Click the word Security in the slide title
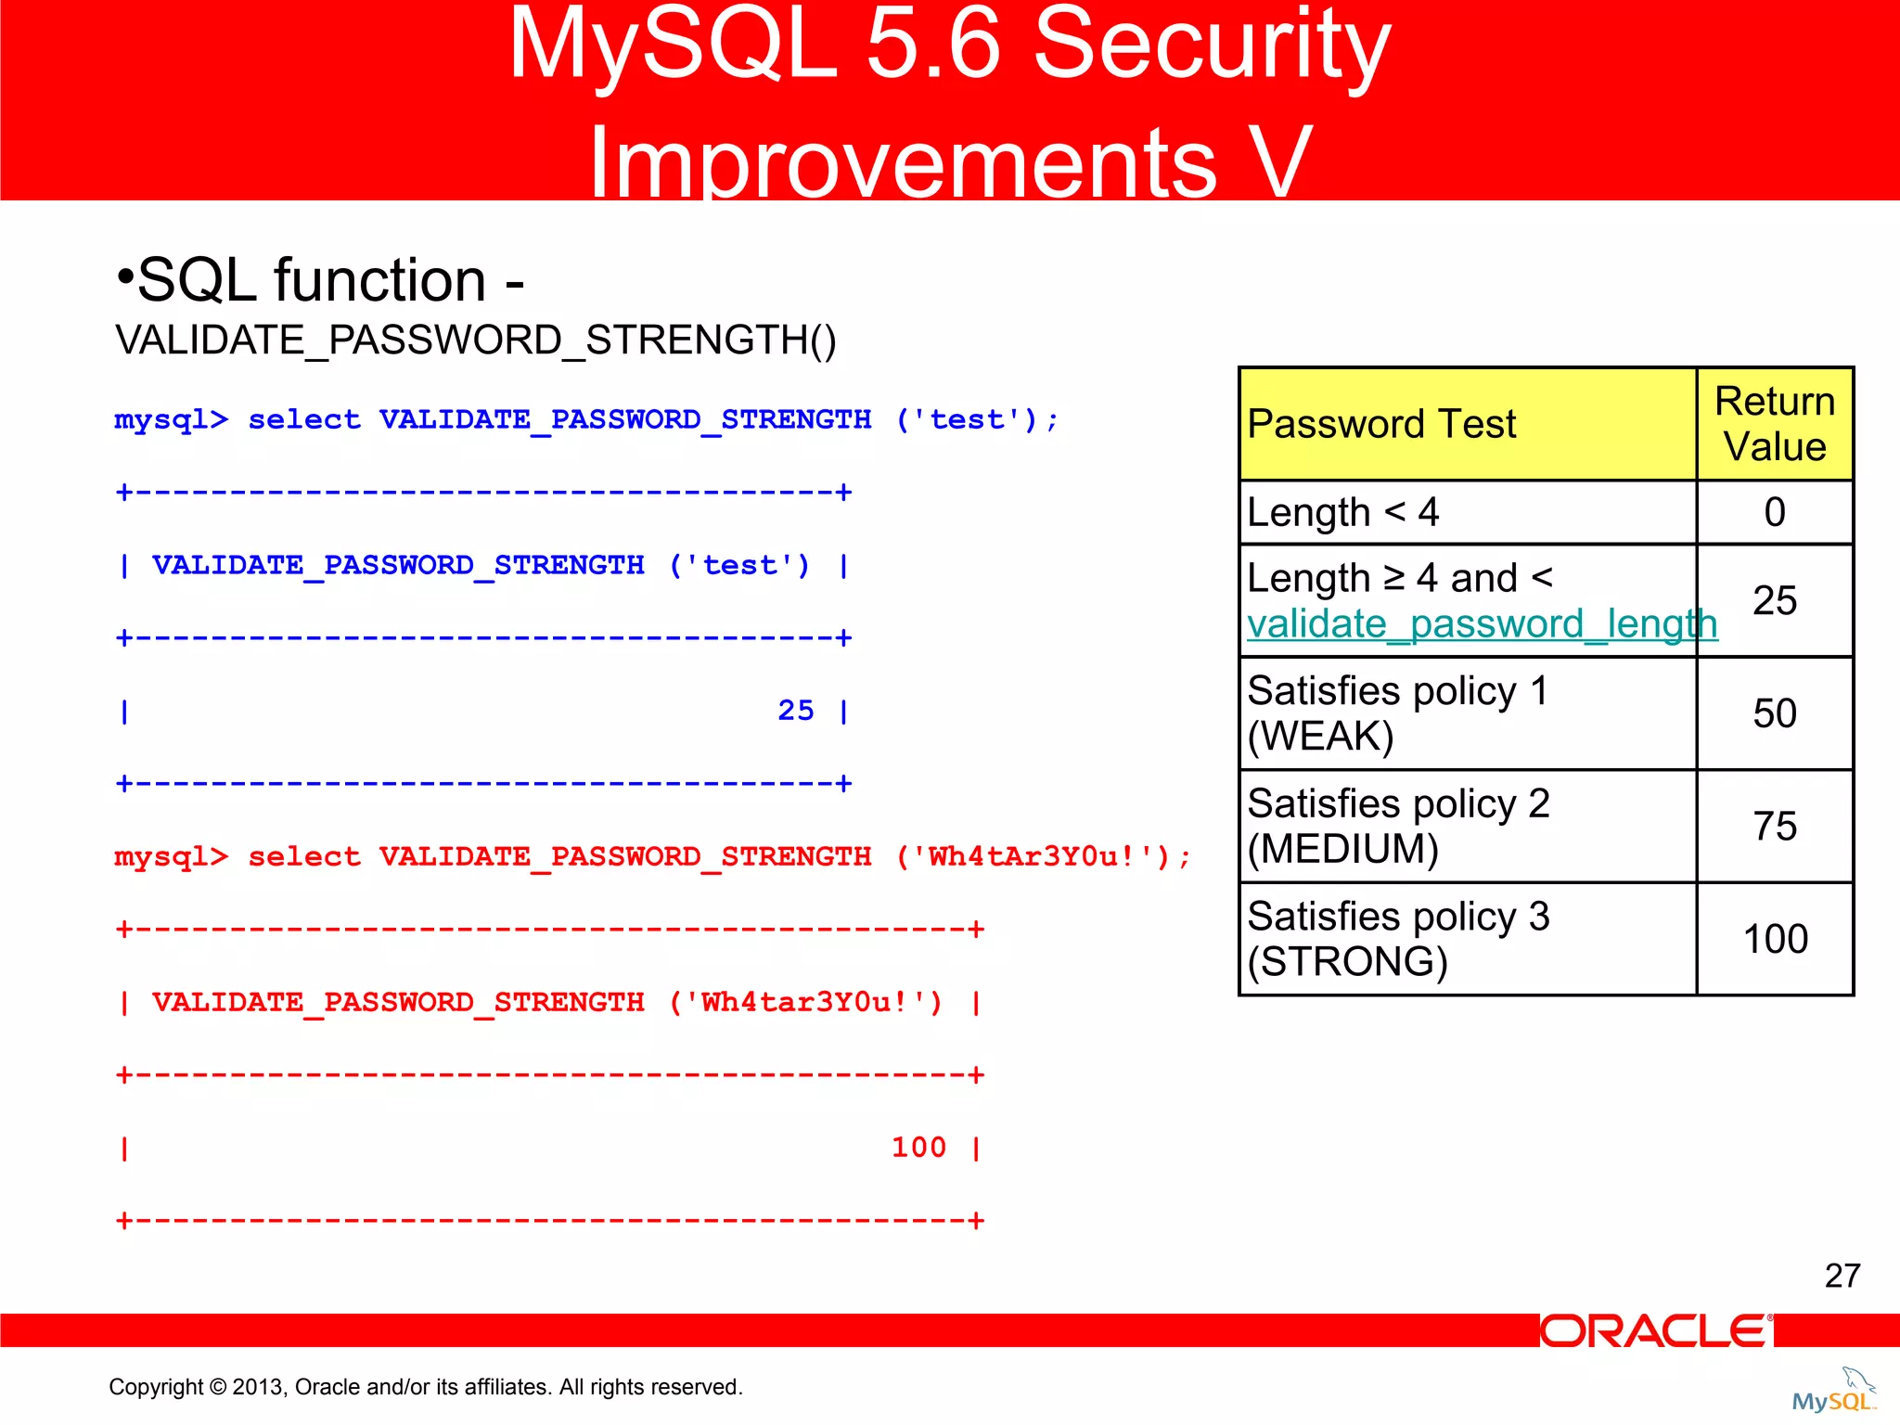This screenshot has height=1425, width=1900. click(1211, 46)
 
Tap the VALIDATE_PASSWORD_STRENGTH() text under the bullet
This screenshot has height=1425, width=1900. click(475, 340)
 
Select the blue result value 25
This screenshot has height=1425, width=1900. click(795, 711)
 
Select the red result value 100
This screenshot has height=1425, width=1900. click(918, 1148)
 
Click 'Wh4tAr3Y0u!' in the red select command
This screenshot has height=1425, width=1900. click(1034, 857)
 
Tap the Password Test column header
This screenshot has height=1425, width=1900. click(1381, 424)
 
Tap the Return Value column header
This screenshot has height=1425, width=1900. click(1774, 424)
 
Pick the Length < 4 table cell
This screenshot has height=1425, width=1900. click(1342, 512)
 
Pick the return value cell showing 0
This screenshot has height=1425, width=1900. click(1774, 512)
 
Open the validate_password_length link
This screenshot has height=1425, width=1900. click(1482, 624)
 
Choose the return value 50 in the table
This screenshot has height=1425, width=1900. click(1774, 713)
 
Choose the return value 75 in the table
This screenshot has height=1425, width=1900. click(1774, 826)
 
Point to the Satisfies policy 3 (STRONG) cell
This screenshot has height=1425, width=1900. click(1398, 939)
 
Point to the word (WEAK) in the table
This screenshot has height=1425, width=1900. click(1320, 737)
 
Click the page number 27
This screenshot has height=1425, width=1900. click(1842, 1276)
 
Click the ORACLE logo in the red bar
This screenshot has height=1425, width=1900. click(1656, 1331)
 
